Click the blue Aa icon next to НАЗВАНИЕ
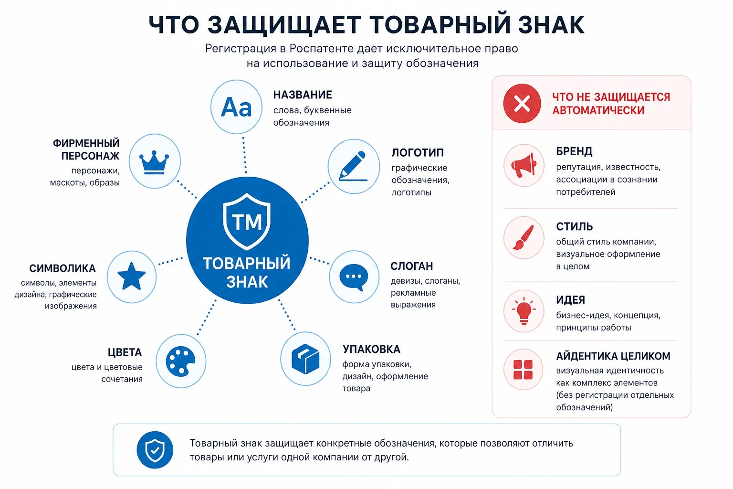236,107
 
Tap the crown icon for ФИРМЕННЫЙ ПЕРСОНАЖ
154,162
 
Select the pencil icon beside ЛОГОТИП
353,166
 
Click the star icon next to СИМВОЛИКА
131,276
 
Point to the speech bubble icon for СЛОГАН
354,277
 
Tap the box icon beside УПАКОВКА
305,359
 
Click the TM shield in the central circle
247,222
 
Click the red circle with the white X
522,104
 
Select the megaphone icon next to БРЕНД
524,165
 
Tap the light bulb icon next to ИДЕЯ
524,311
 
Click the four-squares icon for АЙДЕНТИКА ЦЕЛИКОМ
523,370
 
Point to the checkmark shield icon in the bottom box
155,450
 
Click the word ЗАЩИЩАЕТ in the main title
284,25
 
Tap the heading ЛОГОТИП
418,153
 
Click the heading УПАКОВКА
371,349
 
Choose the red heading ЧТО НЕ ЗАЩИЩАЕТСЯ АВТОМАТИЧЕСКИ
611,104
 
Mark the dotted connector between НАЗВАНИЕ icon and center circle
244,155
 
